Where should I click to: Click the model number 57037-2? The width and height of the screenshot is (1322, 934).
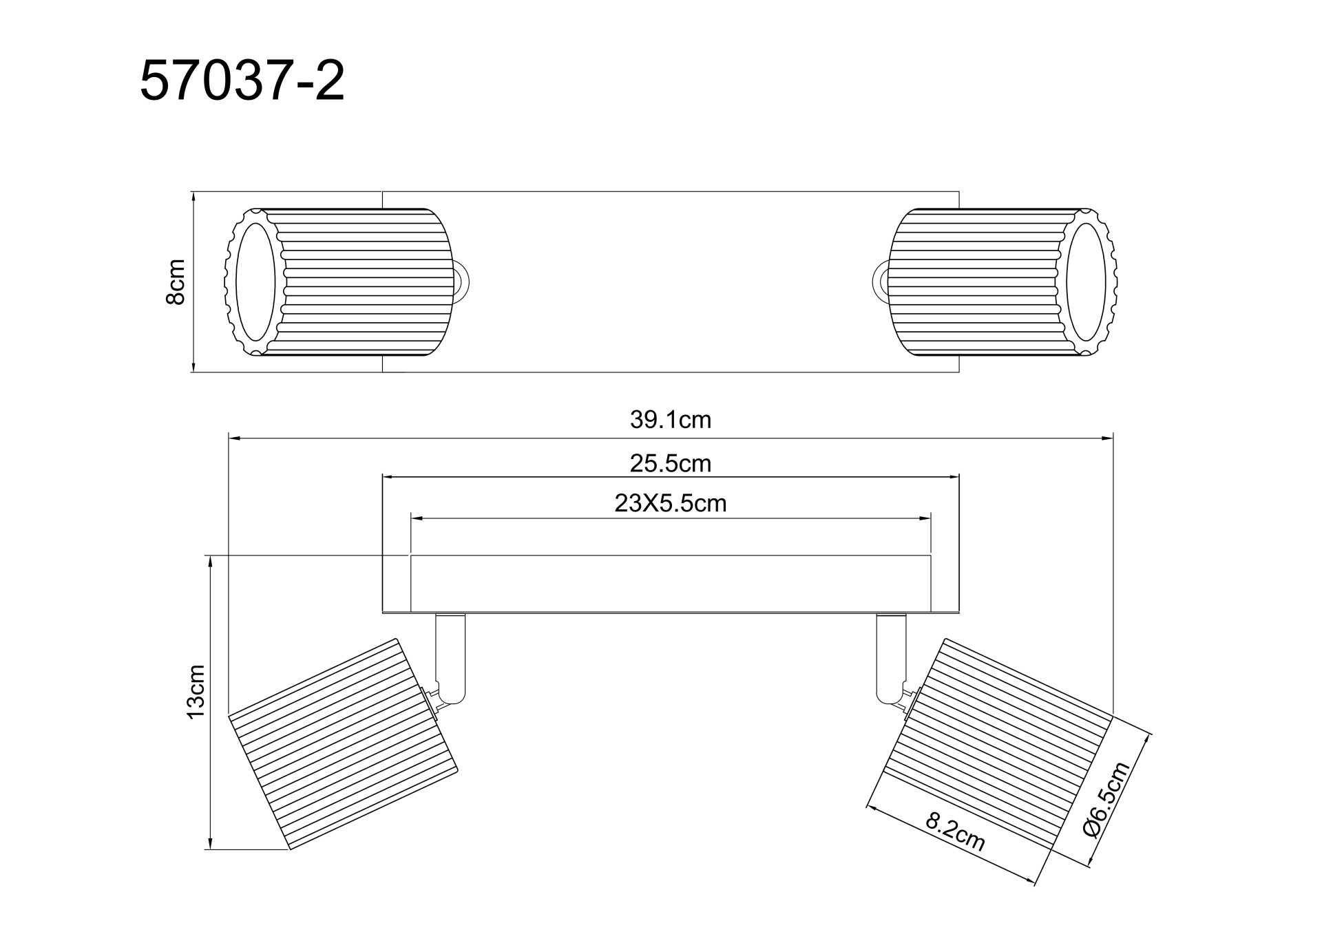[x=242, y=82]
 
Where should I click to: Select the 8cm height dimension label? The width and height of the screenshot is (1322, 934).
[x=176, y=282]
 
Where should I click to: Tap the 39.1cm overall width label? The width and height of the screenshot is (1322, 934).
[x=670, y=420]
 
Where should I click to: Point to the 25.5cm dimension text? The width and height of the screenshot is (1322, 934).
[x=670, y=463]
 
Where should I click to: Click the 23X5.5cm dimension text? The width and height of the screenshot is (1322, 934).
[x=670, y=504]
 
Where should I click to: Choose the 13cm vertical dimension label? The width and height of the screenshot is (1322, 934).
[x=197, y=692]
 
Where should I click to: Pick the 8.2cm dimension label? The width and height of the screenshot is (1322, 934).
[x=955, y=831]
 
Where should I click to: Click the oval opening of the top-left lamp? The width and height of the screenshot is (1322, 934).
[x=255, y=282]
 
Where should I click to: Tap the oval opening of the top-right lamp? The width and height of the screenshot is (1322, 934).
[x=1086, y=282]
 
